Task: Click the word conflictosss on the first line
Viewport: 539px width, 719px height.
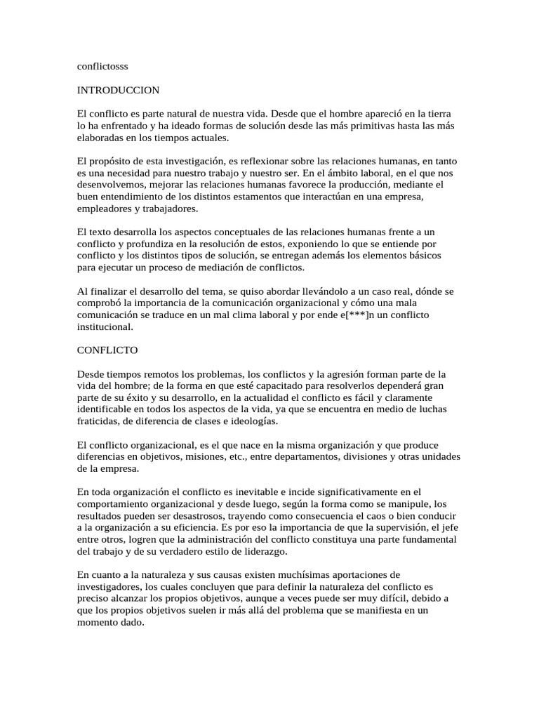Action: coord(102,67)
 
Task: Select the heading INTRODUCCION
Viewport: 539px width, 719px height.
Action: coord(119,91)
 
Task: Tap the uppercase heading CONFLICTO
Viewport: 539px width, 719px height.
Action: coord(107,349)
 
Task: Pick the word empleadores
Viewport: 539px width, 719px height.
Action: coord(105,209)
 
